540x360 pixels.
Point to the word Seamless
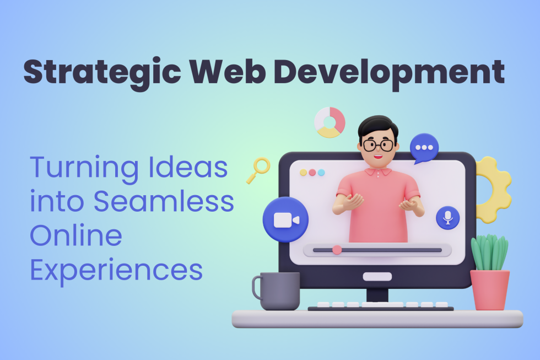pos(163,202)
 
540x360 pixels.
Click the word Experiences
pos(116,270)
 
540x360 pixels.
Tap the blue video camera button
pos(285,219)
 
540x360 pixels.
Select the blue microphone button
pos(447,218)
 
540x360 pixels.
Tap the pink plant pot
pos(489,289)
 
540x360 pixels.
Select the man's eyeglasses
pos(379,146)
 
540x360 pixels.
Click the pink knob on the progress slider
pos(337,250)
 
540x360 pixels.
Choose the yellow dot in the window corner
pos(303,173)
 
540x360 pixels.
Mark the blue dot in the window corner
pos(321,173)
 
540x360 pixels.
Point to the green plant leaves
pos(489,252)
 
